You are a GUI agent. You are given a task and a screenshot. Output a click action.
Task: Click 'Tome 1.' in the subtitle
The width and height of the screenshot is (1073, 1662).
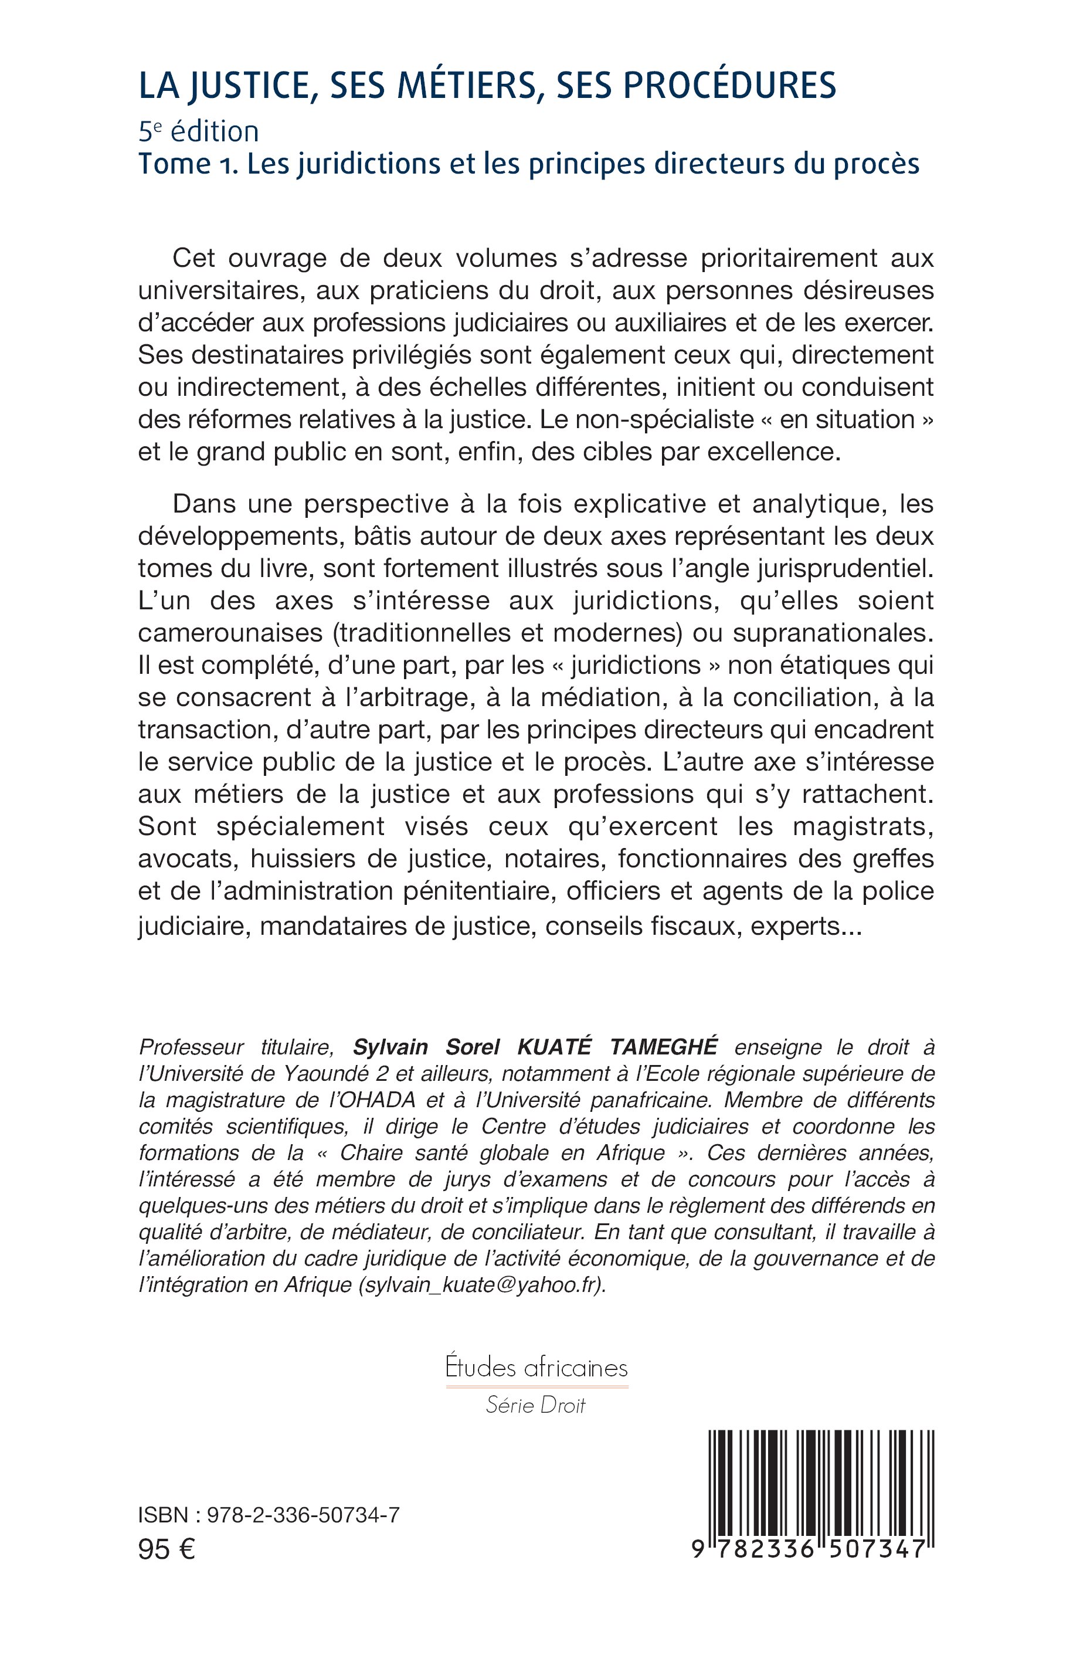pos(186,164)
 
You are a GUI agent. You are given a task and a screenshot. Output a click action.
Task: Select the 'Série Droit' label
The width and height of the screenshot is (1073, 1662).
pos(536,1406)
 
